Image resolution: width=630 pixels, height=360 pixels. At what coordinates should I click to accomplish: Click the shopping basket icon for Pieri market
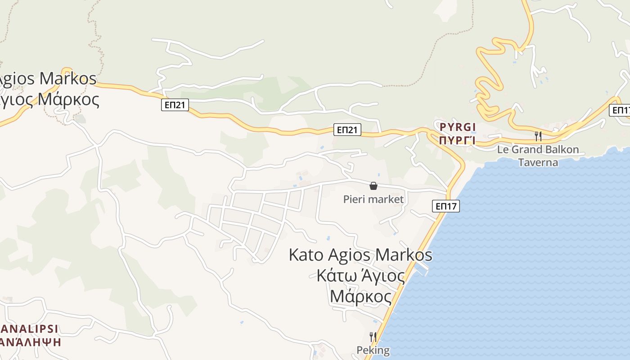tap(373, 185)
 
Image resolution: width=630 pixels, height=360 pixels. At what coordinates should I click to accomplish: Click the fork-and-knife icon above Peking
tap(373, 337)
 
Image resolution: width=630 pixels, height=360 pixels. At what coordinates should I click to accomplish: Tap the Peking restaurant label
tap(373, 350)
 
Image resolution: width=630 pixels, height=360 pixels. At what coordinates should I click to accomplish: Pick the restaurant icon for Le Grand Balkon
tap(538, 136)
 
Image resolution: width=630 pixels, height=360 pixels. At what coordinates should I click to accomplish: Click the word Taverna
tap(538, 162)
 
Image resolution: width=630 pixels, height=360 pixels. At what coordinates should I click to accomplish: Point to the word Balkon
tap(562, 149)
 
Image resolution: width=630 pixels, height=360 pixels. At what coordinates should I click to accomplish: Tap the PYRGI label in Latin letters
tap(457, 127)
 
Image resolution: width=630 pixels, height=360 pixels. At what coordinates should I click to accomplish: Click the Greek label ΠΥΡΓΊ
tap(457, 140)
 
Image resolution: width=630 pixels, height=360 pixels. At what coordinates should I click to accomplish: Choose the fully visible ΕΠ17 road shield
tap(446, 207)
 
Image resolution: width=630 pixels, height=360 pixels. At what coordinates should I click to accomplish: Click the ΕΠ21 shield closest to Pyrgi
tap(348, 130)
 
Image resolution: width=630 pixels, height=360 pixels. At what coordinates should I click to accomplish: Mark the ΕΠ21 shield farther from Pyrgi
tap(175, 105)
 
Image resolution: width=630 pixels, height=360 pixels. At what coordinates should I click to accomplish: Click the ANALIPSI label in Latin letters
tap(29, 328)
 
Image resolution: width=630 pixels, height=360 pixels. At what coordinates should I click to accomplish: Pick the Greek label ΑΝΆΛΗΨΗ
tap(31, 342)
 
